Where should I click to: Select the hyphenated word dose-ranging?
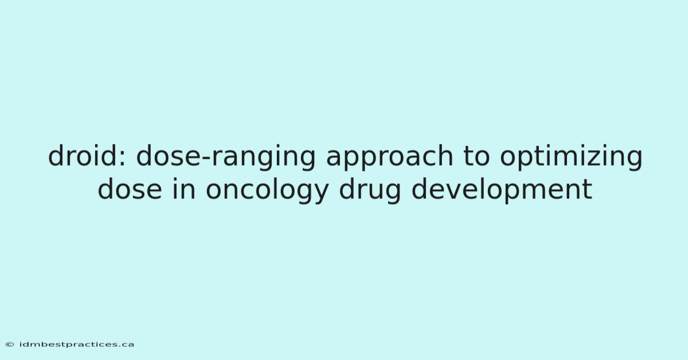point(226,157)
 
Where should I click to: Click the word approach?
point(389,157)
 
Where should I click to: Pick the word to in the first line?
point(476,156)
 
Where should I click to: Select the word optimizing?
point(571,157)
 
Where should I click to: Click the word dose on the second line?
point(130,189)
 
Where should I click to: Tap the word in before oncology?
point(183,189)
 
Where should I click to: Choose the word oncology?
point(267,191)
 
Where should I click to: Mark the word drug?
point(370,191)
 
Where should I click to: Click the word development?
point(502,191)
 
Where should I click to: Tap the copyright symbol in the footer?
point(10,345)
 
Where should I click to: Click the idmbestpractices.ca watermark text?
point(77,345)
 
